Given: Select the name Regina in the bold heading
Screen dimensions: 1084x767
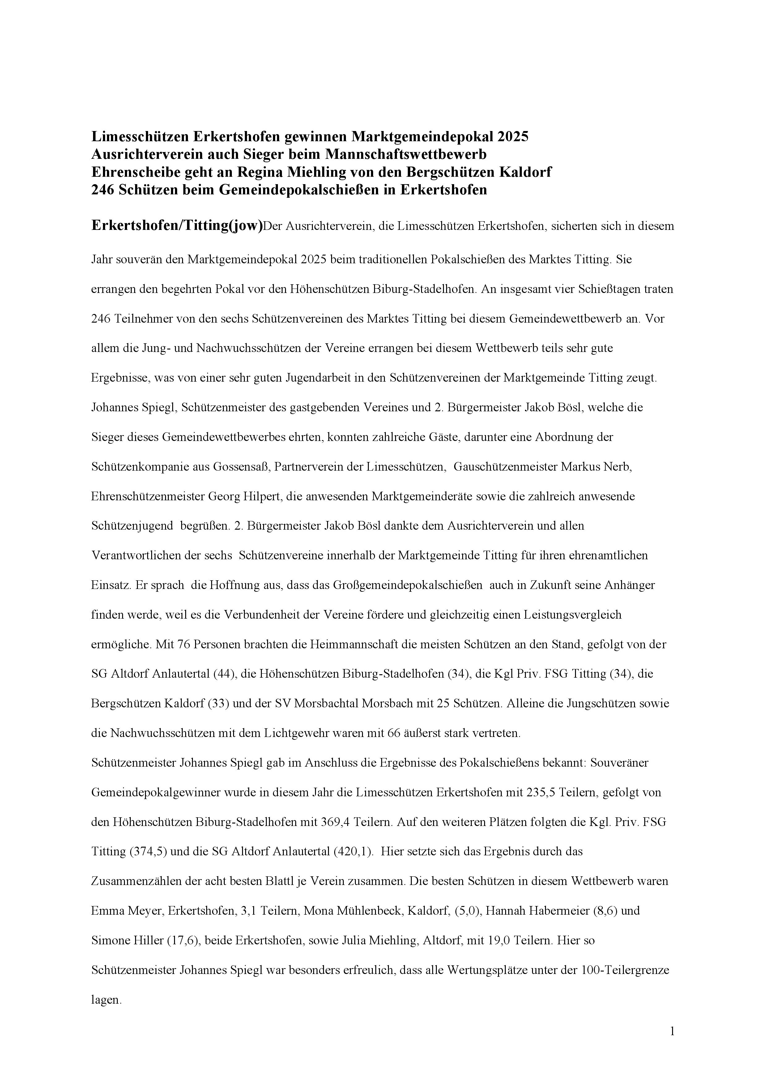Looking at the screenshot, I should click(x=258, y=172).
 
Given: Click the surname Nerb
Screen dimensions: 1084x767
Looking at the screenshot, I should click(x=618, y=467).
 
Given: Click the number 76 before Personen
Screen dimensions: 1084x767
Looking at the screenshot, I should click(x=183, y=645).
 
